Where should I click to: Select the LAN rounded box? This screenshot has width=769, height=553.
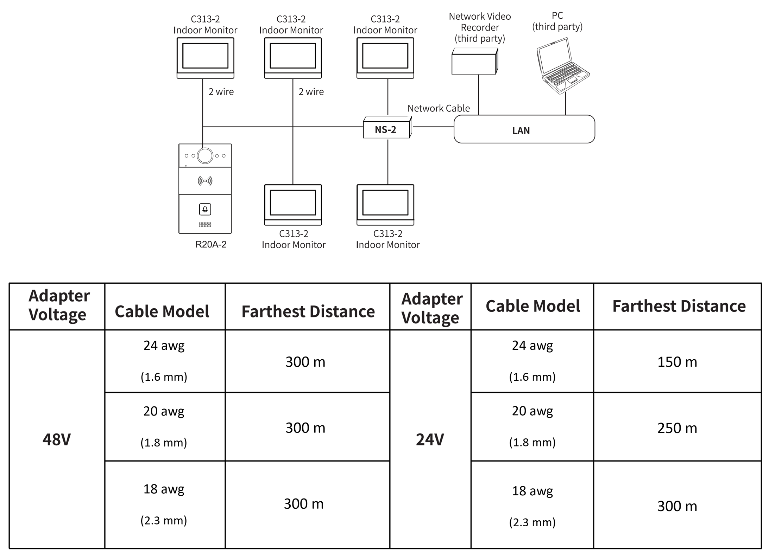tap(524, 129)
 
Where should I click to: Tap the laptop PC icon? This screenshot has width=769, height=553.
tap(562, 66)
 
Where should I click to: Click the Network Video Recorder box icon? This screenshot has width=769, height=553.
tap(475, 61)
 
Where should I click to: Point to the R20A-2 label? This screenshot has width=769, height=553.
tap(211, 244)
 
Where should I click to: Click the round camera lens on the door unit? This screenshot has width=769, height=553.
tap(205, 156)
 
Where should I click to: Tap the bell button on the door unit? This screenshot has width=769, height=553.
tap(205, 209)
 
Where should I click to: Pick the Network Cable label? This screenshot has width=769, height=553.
tap(439, 108)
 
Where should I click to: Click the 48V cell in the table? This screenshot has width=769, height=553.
tap(57, 439)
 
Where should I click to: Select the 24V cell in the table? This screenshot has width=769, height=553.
tap(430, 439)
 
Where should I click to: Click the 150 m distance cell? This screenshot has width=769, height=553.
tap(677, 361)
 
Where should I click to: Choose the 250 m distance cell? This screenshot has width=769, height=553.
tap(677, 427)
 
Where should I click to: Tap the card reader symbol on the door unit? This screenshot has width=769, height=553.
tap(205, 181)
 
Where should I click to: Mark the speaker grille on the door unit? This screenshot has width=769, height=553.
tap(205, 224)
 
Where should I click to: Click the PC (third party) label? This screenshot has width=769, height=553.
tap(557, 21)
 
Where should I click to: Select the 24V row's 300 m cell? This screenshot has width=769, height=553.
tap(677, 505)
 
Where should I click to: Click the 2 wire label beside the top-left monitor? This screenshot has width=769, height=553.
tap(221, 92)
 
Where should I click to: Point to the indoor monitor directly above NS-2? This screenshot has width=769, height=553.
tap(385, 58)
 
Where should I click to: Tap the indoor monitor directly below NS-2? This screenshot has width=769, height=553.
tap(385, 205)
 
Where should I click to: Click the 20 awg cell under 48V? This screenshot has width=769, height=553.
tap(164, 426)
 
